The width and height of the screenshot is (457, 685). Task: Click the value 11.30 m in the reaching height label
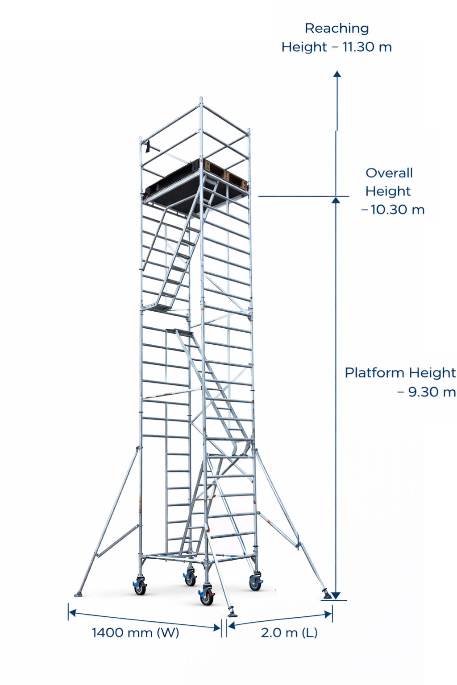click(x=367, y=47)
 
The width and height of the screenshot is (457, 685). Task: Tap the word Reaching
click(x=337, y=29)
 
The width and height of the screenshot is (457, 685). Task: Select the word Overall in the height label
click(x=389, y=173)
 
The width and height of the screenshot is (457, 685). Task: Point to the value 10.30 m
click(x=397, y=210)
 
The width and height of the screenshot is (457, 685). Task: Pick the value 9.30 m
click(x=432, y=392)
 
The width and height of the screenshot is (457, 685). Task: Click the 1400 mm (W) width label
click(x=135, y=633)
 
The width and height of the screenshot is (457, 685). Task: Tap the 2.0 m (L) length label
click(x=289, y=633)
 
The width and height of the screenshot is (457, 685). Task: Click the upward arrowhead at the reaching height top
click(x=337, y=74)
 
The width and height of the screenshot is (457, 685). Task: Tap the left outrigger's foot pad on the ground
click(x=79, y=594)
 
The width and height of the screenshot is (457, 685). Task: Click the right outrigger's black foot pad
click(x=327, y=595)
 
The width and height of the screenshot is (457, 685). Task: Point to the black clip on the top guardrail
click(x=148, y=146)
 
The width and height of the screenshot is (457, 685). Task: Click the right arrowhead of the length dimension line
click(x=328, y=614)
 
